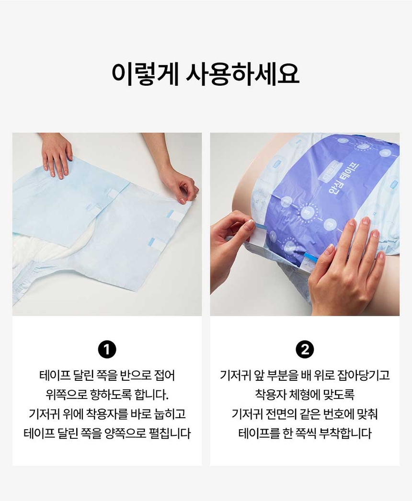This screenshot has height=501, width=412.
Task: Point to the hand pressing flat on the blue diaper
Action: coord(57,154)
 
